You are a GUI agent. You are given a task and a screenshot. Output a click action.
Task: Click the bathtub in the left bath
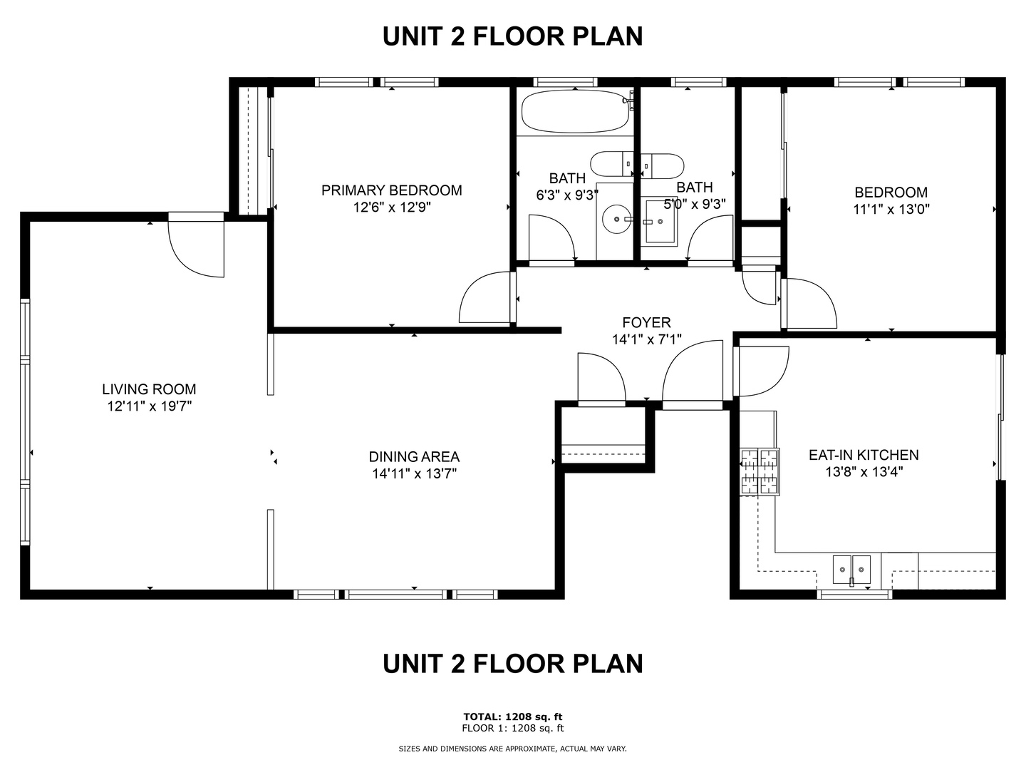pos(576,112)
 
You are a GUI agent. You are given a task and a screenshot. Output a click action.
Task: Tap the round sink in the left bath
pos(617,219)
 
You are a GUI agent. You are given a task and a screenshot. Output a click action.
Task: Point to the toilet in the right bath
pos(662,165)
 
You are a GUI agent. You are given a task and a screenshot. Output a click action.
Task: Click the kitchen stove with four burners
pos(760,472)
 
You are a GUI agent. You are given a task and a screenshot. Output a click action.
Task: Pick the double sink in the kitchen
pos(851,570)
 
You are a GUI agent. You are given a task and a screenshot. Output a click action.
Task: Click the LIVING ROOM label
pos(149,389)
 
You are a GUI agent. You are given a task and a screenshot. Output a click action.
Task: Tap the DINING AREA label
pos(414,456)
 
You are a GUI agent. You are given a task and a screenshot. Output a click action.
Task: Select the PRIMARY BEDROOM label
pos(392,190)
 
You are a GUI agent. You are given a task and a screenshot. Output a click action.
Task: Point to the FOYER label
pos(646,322)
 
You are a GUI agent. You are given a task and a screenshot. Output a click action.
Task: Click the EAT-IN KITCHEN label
pos(864,455)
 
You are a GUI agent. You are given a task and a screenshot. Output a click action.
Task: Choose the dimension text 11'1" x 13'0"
pos(891,209)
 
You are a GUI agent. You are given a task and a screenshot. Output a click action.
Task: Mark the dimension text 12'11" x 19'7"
pos(150,406)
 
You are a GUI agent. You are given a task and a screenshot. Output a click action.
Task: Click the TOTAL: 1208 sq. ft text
pos(513,717)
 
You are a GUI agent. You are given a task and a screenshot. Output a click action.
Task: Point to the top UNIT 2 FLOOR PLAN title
pos(513,36)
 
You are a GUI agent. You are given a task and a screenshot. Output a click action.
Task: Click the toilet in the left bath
pos(611,164)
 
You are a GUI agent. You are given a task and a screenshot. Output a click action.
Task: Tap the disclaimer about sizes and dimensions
pos(512,749)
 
